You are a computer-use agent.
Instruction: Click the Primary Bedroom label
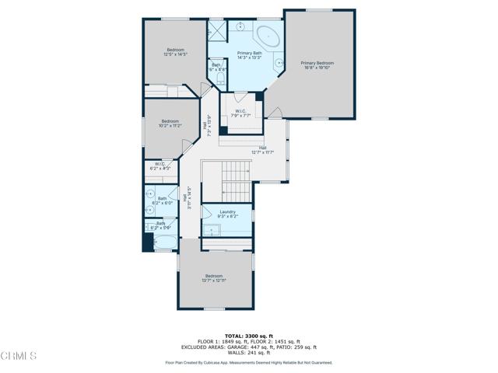(317, 64)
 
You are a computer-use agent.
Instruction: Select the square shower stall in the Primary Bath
(216, 31)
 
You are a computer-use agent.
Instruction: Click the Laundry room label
(228, 214)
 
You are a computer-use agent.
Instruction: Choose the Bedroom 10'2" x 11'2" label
(170, 124)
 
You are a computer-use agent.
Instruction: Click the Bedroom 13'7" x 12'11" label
(214, 278)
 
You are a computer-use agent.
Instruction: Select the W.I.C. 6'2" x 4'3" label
(160, 166)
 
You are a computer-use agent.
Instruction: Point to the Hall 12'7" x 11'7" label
(263, 150)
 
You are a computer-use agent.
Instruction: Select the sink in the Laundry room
(211, 229)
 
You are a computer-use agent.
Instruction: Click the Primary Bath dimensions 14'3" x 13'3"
(249, 57)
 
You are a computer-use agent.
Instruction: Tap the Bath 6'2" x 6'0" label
(162, 200)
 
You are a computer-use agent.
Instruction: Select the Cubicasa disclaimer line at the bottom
(248, 362)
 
